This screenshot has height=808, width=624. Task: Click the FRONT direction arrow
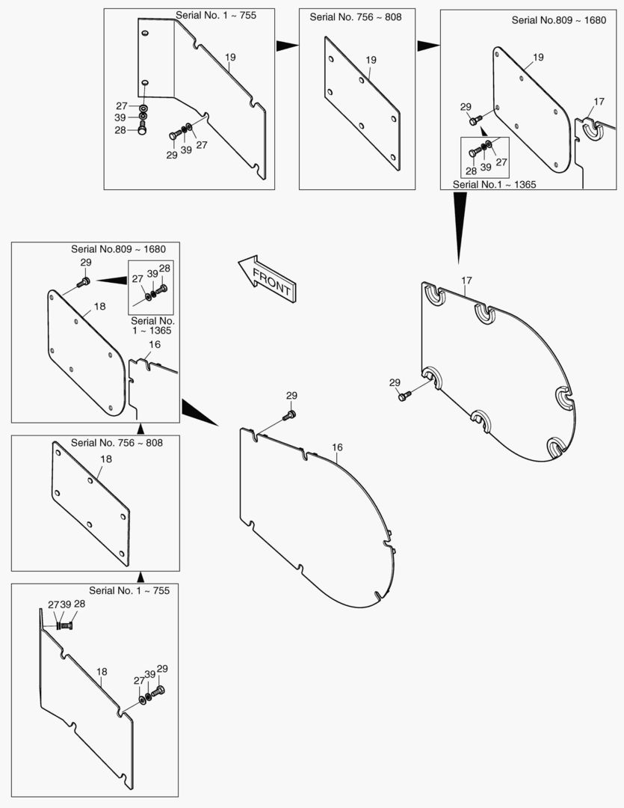[x=267, y=278]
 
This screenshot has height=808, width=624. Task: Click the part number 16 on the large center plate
[x=337, y=447]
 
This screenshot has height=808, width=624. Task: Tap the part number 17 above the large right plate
[x=466, y=281]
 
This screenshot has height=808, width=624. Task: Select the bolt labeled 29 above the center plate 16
[x=291, y=414]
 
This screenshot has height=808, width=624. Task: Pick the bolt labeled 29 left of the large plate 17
[x=405, y=396]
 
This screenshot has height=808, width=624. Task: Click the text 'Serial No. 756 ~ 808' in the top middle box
[x=356, y=17]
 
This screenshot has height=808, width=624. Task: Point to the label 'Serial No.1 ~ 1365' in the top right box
[x=494, y=185]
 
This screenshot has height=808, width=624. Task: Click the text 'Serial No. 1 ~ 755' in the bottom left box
[x=129, y=590]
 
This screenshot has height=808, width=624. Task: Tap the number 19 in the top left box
[x=230, y=57]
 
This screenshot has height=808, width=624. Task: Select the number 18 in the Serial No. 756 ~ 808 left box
[x=105, y=459]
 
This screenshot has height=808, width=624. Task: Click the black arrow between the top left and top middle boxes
[x=287, y=46]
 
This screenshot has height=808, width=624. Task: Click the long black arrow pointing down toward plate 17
[x=460, y=227]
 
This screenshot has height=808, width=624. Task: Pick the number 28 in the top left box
[x=120, y=130]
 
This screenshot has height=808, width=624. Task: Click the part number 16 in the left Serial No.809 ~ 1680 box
[x=155, y=344]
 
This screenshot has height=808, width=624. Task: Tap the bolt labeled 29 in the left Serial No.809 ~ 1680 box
[x=84, y=282]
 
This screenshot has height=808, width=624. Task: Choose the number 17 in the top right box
[x=599, y=102]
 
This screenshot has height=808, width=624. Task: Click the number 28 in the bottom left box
[x=80, y=604]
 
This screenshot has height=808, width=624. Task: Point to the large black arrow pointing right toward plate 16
[x=200, y=411]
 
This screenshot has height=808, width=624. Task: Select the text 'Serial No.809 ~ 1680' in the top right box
[x=559, y=20]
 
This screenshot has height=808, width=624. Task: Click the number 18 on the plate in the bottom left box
[x=102, y=671]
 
